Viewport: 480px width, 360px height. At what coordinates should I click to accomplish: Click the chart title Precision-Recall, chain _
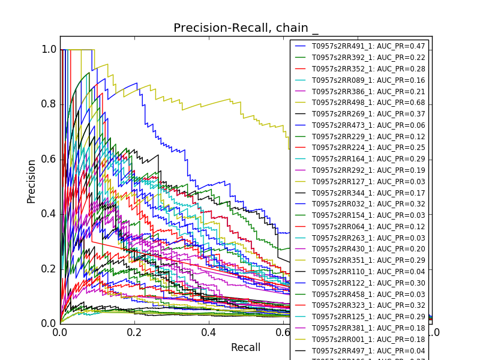click(x=246, y=28)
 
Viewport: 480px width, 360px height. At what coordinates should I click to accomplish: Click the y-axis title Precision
click(x=31, y=181)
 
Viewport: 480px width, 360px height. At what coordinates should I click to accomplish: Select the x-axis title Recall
click(x=246, y=347)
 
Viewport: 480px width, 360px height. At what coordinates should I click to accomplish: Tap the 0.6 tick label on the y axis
click(x=49, y=159)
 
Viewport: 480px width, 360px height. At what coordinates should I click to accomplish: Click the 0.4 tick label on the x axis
click(x=209, y=332)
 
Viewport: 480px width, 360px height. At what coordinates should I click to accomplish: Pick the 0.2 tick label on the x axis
click(x=134, y=332)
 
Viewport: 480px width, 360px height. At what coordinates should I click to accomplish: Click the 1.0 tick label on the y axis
click(x=49, y=50)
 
